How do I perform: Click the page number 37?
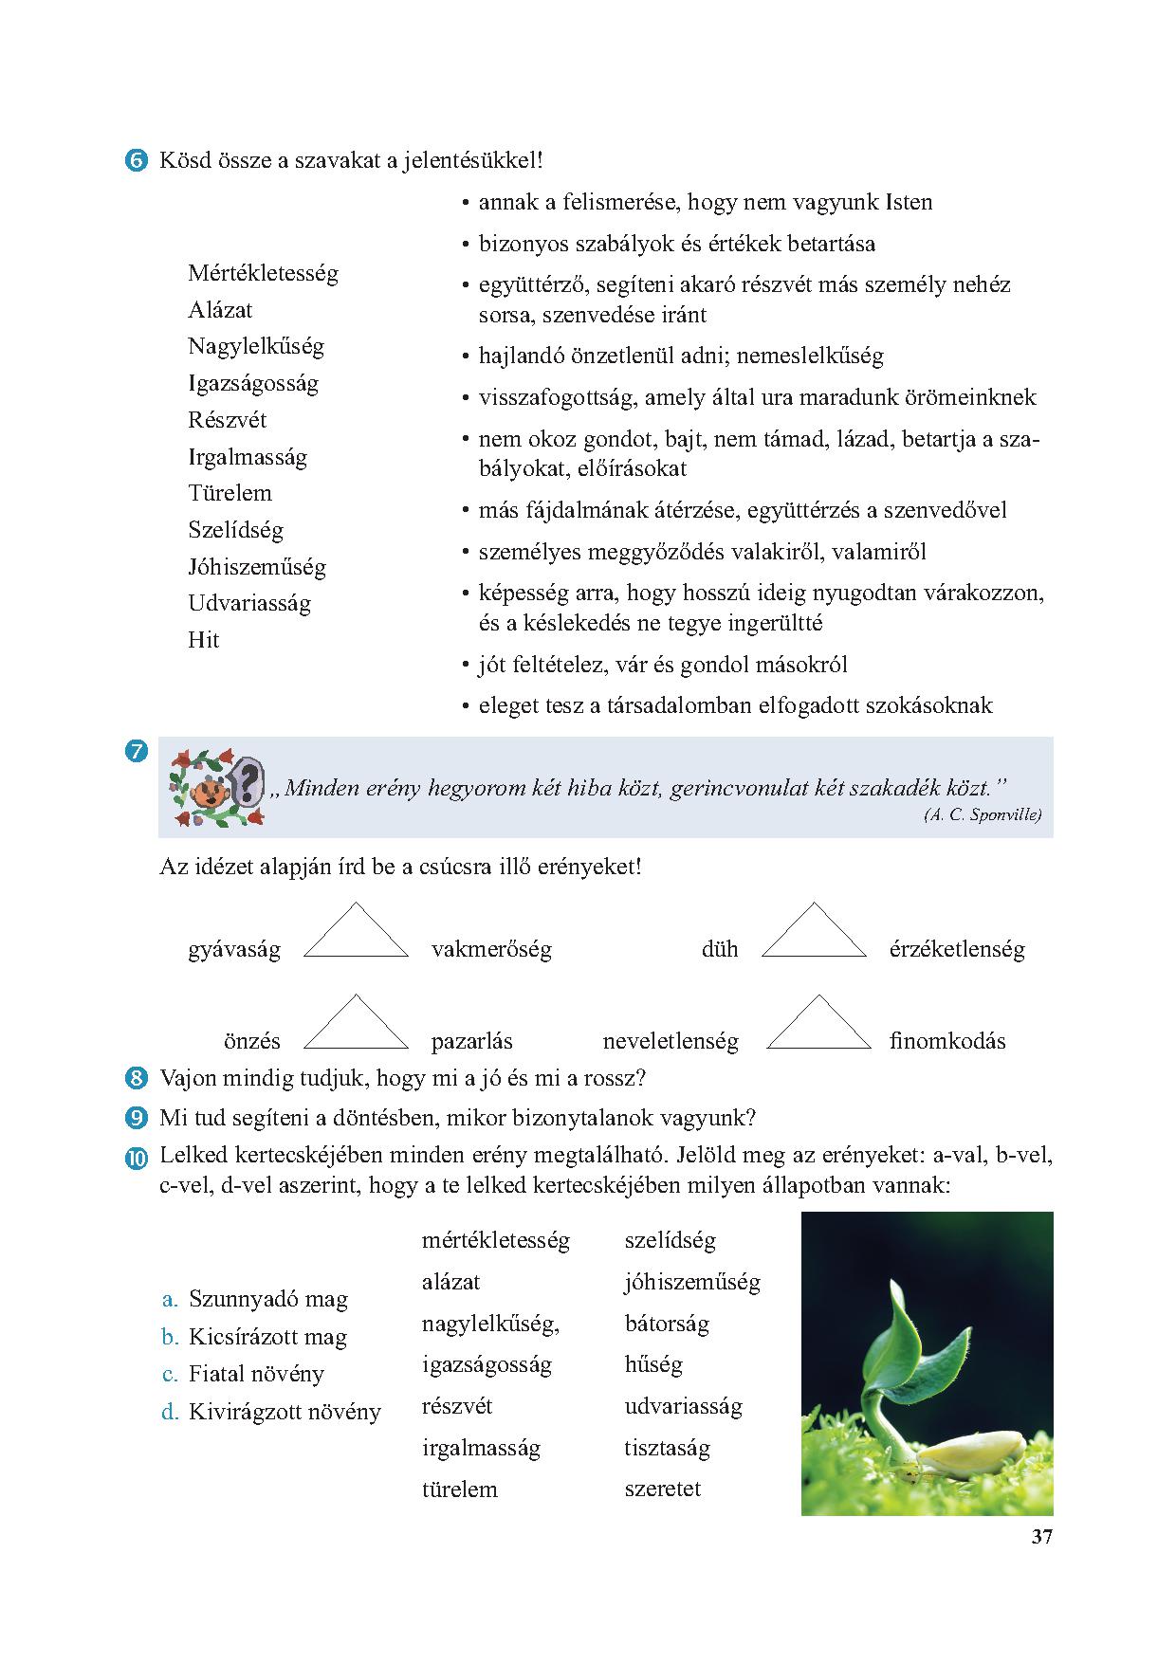tap(1041, 1537)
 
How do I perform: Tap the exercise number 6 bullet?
tap(136, 161)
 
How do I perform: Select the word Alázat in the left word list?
tap(220, 310)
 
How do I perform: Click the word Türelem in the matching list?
tap(230, 493)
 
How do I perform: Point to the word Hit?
tap(203, 640)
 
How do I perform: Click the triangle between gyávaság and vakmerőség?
tap(356, 934)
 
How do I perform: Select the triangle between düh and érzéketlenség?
tap(815, 934)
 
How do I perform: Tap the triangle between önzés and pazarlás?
tap(356, 1025)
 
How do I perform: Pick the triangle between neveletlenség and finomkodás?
tap(818, 1025)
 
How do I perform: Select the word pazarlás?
tap(471, 1041)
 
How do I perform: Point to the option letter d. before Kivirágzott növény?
tap(170, 1412)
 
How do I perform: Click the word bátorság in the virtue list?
tap(667, 1324)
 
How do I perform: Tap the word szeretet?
tap(662, 1489)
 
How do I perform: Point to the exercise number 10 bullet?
tap(136, 1158)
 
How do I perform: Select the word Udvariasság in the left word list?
tap(249, 603)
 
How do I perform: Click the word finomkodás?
tap(946, 1041)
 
